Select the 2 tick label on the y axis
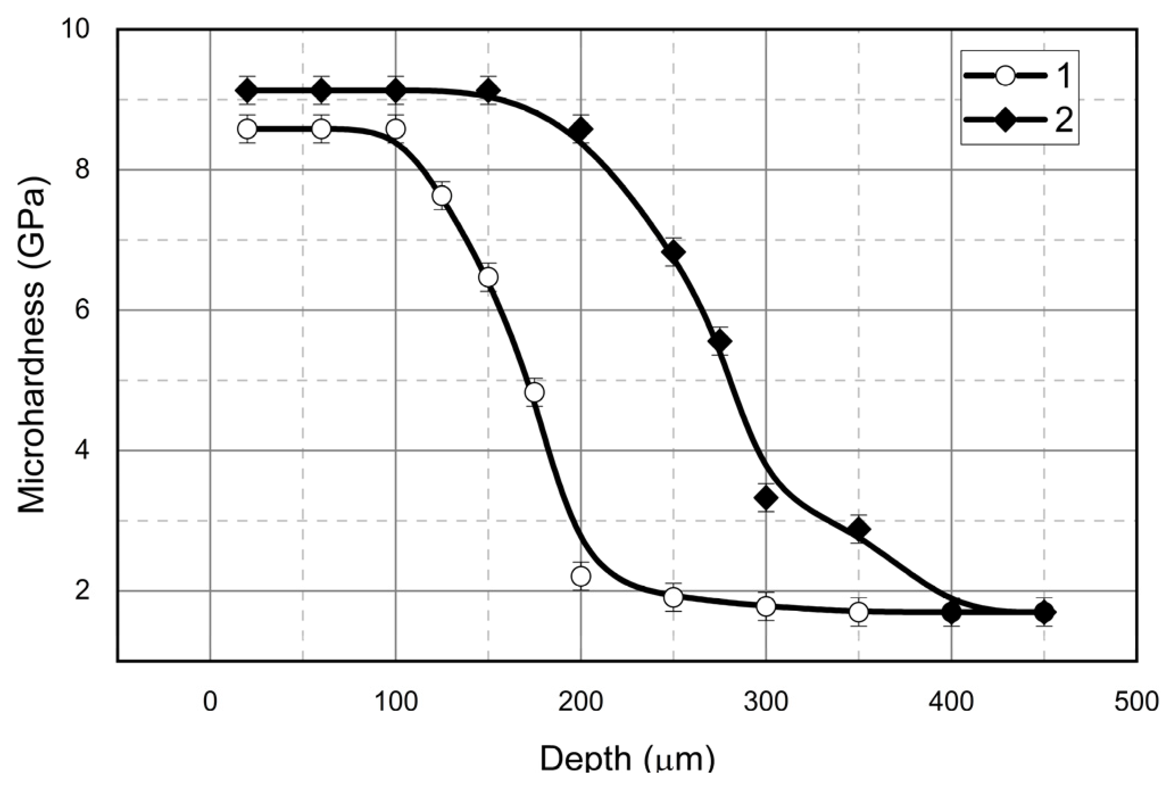click(x=82, y=591)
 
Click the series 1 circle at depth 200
click(x=581, y=576)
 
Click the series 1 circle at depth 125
click(x=442, y=196)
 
